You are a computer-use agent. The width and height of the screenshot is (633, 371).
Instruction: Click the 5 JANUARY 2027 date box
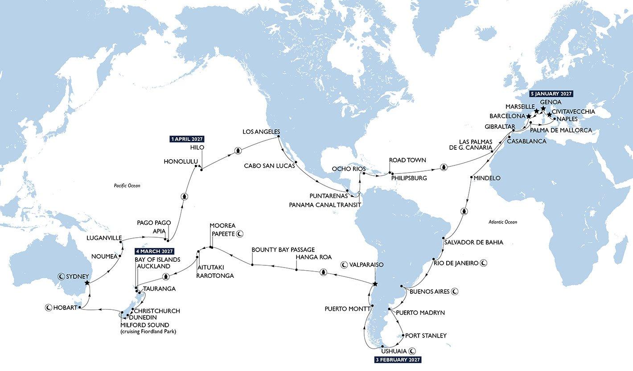551,94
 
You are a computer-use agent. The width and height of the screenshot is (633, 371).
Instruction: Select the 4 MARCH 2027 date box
154,251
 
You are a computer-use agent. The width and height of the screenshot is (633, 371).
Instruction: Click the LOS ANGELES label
261,132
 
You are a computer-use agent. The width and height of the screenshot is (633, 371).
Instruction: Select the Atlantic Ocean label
502,222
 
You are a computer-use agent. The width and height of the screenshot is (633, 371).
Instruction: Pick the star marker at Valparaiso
375,284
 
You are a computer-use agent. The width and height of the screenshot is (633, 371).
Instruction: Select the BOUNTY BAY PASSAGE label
283,250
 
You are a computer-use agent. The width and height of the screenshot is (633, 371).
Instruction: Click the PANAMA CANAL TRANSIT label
325,204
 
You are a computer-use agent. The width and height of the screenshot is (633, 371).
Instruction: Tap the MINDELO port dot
472,178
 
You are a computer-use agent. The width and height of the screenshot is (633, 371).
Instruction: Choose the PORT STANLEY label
426,335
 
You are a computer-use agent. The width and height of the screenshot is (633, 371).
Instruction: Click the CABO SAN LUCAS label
269,165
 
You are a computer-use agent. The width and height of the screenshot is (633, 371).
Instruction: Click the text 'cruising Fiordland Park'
149,331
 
